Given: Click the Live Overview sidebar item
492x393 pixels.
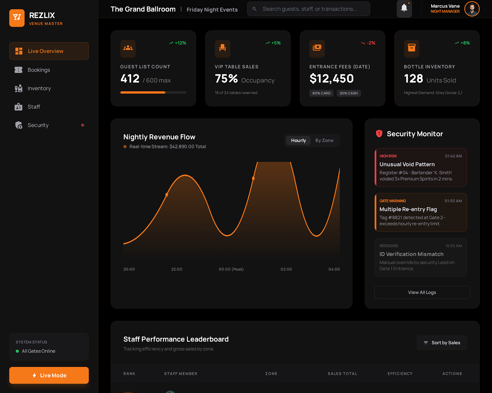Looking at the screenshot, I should (49, 51).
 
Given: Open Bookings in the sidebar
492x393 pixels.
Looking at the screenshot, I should (38, 70).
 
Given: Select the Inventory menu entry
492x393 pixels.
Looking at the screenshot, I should (39, 88).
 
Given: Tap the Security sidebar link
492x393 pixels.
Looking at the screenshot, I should (38, 125).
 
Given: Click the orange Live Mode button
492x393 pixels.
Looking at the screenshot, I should (49, 375).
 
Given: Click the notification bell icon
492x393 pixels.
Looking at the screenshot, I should (404, 8).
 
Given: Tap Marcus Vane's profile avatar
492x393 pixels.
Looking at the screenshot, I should (472, 9).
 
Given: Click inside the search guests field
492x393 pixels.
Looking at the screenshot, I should (309, 9).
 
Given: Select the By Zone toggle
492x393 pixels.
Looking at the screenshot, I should (324, 140).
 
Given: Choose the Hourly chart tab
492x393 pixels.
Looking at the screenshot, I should (298, 140).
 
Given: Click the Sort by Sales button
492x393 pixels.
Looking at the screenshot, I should (442, 343).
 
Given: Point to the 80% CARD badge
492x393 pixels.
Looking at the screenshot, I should (321, 93).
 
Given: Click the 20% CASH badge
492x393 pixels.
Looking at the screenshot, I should (348, 93).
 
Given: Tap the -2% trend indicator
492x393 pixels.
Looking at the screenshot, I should (368, 43).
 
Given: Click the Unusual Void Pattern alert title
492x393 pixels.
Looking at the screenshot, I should (407, 164).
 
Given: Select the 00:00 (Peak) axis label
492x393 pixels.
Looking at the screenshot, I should (231, 269).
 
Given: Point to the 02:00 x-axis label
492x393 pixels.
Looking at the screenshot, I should (286, 269).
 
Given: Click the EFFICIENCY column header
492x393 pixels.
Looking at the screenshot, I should (400, 374).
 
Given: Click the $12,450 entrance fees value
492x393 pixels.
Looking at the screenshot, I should (331, 79).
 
